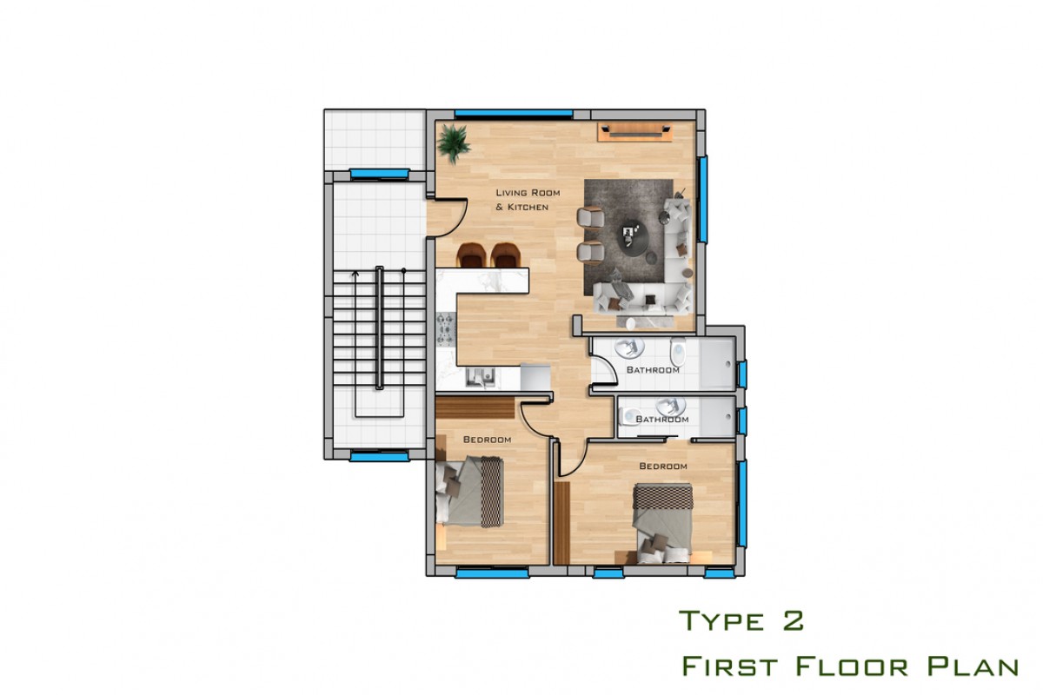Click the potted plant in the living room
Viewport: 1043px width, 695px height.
click(454, 143)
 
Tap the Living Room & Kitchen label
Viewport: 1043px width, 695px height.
click(528, 200)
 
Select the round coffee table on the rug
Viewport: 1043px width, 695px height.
click(633, 237)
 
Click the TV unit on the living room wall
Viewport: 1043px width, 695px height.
click(635, 132)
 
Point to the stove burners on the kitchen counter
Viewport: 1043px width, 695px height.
click(446, 329)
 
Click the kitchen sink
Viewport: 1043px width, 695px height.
click(481, 377)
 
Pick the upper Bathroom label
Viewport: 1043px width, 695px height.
click(653, 370)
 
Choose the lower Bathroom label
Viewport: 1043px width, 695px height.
click(662, 420)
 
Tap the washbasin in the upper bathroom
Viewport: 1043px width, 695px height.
click(629, 347)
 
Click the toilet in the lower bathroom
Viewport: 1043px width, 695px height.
click(628, 416)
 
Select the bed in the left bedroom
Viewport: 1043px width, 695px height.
click(469, 492)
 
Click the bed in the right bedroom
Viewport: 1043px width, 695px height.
click(662, 523)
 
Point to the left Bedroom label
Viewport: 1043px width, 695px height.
click(487, 440)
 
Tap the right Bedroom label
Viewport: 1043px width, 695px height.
click(663, 466)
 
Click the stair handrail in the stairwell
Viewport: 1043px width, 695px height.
click(380, 328)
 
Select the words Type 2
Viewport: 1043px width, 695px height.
click(741, 620)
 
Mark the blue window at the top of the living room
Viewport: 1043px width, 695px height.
click(514, 113)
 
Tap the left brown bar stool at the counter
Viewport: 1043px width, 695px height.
click(472, 255)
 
